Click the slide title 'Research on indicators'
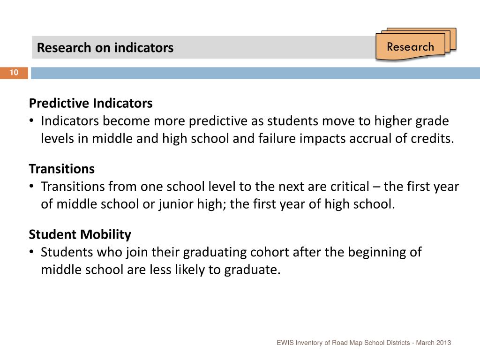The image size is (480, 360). [x=105, y=48]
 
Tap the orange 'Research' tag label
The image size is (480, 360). [x=410, y=47]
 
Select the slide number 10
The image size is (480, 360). [x=14, y=73]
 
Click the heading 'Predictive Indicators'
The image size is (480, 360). [x=90, y=103]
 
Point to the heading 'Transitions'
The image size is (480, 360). [x=62, y=168]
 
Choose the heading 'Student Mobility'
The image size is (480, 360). [x=80, y=234]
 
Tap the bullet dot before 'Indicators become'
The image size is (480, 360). [x=31, y=121]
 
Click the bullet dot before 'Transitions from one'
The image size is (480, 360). [x=31, y=187]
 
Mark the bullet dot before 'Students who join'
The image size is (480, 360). [x=31, y=252]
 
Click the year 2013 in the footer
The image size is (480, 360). [x=443, y=343]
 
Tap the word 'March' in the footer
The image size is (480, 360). [x=424, y=343]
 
